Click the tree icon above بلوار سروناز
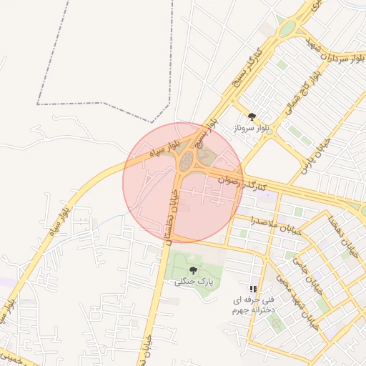[x=251, y=117]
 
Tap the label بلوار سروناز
[x=250, y=129]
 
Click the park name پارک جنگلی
[x=192, y=282]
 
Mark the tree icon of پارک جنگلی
[x=193, y=270]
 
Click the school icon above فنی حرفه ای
[x=253, y=288]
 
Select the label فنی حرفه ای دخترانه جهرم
[x=249, y=306]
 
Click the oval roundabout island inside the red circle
[x=187, y=161]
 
